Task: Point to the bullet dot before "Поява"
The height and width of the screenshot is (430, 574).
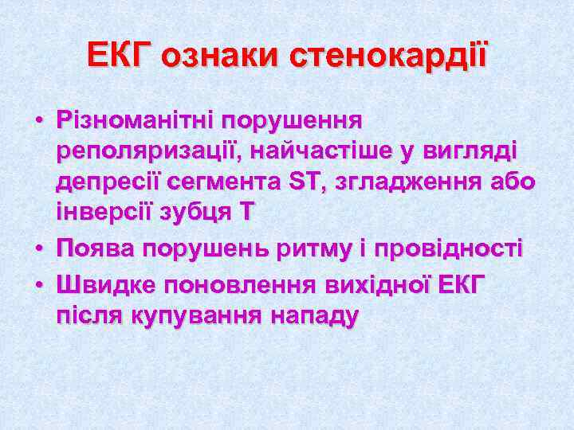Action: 38,250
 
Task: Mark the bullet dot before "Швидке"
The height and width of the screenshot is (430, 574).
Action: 38,283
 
